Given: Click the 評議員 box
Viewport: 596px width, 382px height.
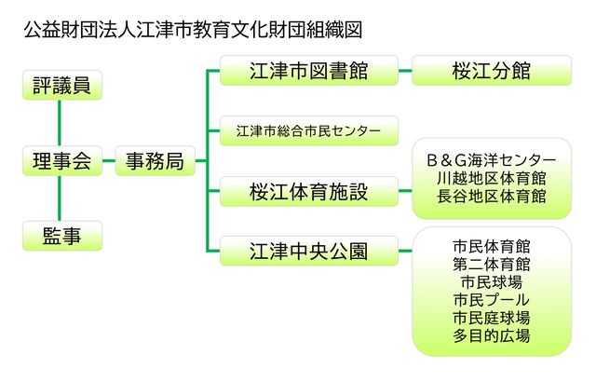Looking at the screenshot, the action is click(x=62, y=85).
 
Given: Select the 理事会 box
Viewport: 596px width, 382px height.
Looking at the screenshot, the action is click(x=62, y=161).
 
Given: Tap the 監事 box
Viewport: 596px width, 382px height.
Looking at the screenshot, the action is click(x=62, y=236).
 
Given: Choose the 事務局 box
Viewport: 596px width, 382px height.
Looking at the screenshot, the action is click(x=156, y=161).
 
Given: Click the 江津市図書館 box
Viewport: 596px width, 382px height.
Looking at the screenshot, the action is click(x=309, y=70).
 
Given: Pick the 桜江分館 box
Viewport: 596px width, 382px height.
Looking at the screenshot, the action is click(x=492, y=70).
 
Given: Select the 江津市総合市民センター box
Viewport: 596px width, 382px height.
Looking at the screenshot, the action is click(x=309, y=130).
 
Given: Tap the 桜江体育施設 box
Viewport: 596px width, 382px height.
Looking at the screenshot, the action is click(x=309, y=191).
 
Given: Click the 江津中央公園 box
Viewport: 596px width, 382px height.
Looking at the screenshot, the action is click(x=309, y=251).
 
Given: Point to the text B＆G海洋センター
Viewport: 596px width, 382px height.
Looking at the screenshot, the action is click(x=492, y=160).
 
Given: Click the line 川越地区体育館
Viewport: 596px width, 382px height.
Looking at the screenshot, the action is click(x=492, y=178).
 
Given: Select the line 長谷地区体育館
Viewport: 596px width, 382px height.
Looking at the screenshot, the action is click(x=492, y=197).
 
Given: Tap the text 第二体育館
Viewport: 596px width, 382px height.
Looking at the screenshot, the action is click(x=492, y=265).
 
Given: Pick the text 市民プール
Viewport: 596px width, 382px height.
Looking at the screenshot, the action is click(x=492, y=300).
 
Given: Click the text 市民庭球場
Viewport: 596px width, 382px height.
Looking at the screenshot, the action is click(x=492, y=318).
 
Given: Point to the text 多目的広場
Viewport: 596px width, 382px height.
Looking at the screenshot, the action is click(x=492, y=335).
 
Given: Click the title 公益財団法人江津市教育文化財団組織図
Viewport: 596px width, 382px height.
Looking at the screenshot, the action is click(x=193, y=30).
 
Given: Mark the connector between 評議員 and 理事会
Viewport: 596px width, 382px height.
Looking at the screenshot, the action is click(x=60, y=123).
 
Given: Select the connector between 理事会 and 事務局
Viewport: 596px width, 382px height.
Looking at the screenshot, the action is click(x=109, y=161).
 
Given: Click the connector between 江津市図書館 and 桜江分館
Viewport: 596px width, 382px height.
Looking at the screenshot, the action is click(x=405, y=70).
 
